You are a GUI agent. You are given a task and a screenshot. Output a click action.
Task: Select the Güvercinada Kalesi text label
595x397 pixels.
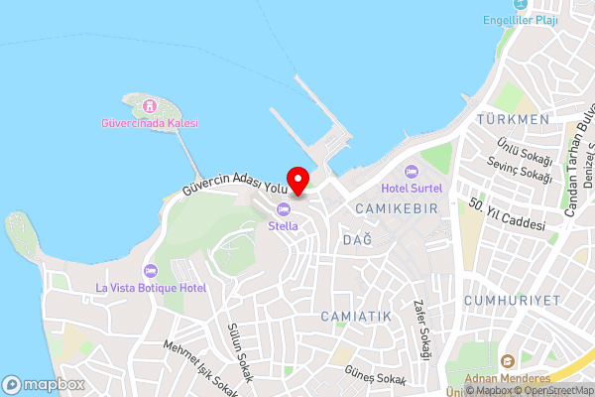[x=150, y=123]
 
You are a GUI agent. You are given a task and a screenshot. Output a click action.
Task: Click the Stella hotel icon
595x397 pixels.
[x=284, y=208]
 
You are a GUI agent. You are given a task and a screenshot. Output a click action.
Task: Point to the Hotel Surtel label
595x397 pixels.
[x=414, y=188]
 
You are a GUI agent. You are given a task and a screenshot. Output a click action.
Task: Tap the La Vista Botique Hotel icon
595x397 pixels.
[x=150, y=271]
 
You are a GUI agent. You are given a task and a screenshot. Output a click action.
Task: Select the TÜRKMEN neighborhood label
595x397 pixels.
[x=513, y=120]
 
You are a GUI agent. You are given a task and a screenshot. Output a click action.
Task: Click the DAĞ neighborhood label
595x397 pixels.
[x=356, y=240]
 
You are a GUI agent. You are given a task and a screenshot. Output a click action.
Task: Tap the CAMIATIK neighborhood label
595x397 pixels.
[x=356, y=316]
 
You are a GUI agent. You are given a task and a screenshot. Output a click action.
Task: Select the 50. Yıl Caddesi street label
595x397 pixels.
[x=509, y=217]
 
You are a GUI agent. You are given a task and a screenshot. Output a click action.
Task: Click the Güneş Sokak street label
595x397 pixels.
[x=375, y=379]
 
